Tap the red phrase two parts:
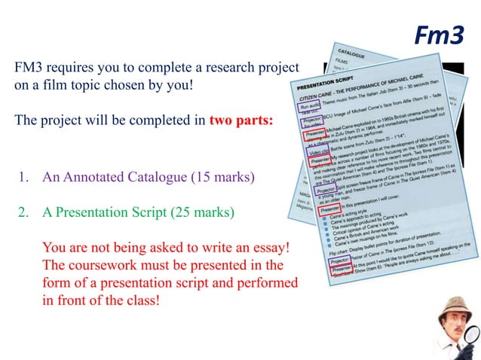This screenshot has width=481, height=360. (x=241, y=121)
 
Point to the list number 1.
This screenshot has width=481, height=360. (x=23, y=178)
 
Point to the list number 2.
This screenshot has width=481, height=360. (x=23, y=212)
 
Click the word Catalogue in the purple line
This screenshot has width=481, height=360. (x=152, y=178)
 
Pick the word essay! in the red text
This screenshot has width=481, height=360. (x=269, y=248)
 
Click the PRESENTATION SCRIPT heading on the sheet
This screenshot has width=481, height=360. (x=329, y=80)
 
